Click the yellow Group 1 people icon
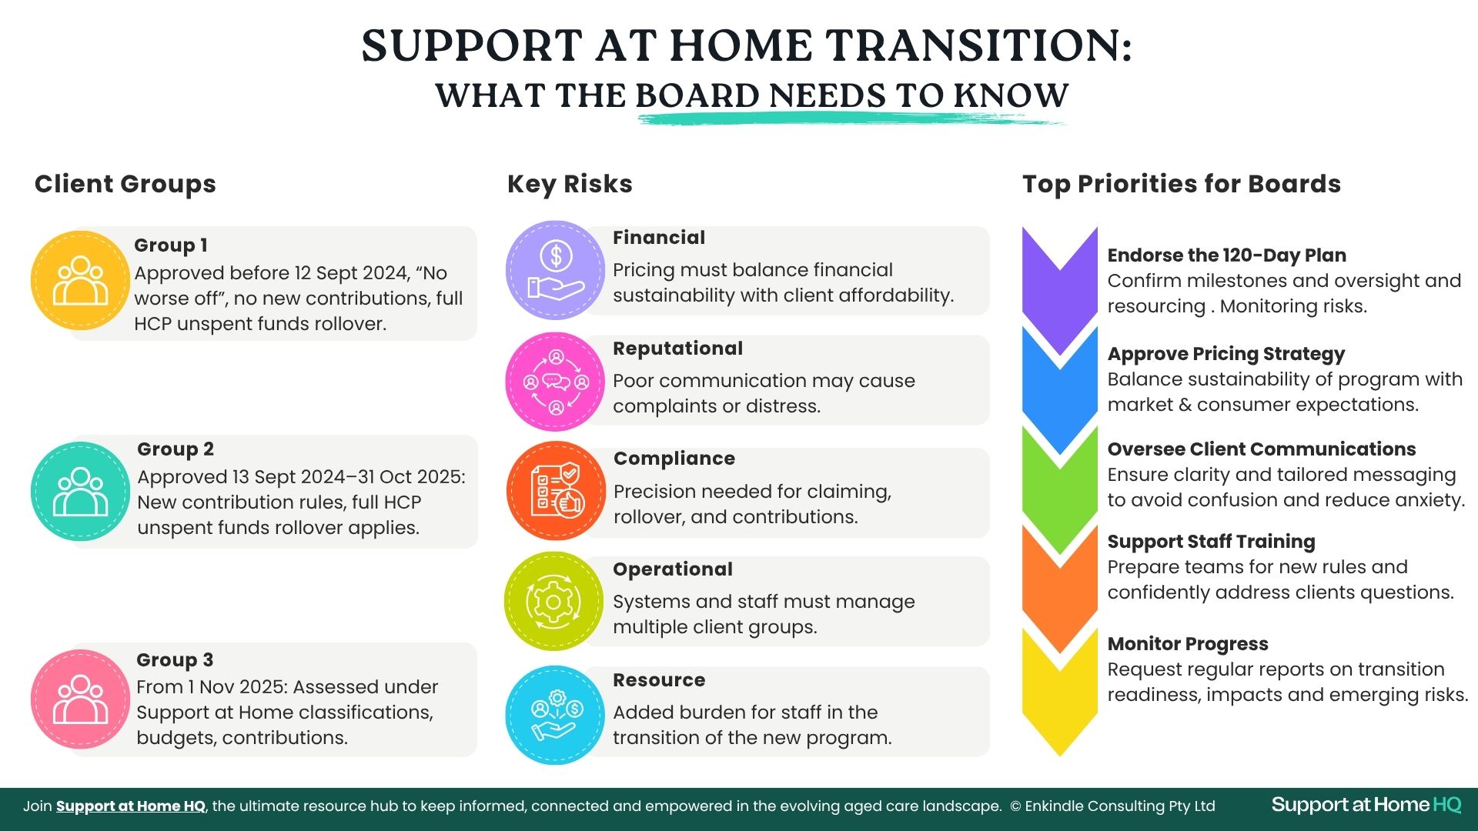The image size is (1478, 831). pos(80,280)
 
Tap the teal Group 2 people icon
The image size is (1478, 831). pos(80,491)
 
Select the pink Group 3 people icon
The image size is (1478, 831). pos(80,699)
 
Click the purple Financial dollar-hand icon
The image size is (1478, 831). pos(555,270)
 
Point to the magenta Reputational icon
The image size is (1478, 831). pos(555,382)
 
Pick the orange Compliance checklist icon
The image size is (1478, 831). pos(556,491)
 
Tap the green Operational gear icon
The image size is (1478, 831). pos(553,601)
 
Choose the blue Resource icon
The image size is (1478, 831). pos(555,715)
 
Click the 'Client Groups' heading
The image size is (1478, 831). pos(125,184)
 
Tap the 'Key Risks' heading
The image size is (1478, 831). pos(570,184)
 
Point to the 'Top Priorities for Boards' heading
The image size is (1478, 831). pos(1182,184)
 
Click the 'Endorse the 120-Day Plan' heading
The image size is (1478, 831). pos(1227,255)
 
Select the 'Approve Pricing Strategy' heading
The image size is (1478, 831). pos(1226,354)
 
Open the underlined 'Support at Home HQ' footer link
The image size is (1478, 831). pos(131,806)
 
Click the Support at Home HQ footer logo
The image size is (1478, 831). pos(1366,806)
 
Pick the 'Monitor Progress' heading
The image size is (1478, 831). pos(1188,644)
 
